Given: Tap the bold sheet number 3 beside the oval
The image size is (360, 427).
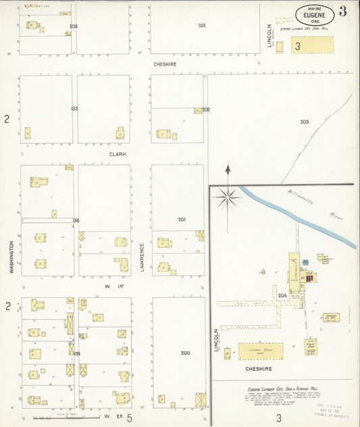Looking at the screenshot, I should point(344,11).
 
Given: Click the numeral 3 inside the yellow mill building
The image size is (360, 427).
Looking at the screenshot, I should point(297,46).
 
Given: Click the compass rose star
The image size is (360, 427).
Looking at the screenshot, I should point(228,197).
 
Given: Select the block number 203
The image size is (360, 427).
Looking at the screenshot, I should point(305,122).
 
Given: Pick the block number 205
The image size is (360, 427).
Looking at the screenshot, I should point(201,26).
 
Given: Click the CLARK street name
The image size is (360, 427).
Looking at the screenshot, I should point(118,153).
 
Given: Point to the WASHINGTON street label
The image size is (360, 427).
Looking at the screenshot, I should point(11,255).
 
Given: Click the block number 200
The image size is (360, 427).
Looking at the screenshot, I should point(185,353).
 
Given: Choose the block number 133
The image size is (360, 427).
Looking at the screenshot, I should point(74,109).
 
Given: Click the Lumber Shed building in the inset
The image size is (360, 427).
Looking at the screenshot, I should point(260,351).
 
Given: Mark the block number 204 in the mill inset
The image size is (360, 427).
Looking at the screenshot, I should point(282,295).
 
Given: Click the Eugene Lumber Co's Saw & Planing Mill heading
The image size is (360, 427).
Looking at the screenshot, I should point(279,391).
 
